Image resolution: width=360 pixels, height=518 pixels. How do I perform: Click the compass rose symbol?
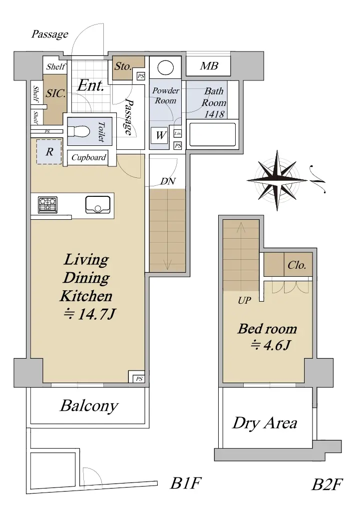click(278, 180)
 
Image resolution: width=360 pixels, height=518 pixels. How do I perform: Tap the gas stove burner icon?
click(48, 204)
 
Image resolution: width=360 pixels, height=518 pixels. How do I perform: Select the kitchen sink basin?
click(98, 205)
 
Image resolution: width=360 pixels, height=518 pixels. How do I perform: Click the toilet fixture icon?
click(79, 132)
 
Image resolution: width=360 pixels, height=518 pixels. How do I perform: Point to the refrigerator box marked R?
click(49, 152)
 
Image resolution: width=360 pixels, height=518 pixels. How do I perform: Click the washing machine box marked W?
click(160, 135)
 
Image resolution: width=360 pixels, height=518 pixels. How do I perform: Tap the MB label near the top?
click(209, 66)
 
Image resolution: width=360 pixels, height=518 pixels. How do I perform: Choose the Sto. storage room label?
click(123, 66)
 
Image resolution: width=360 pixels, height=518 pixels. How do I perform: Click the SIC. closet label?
click(55, 93)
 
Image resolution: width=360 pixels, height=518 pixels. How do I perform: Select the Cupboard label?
click(89, 157)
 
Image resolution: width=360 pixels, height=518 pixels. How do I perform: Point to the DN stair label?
click(168, 181)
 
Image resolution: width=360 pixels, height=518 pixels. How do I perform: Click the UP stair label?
click(244, 300)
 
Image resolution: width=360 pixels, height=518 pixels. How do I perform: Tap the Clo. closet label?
click(297, 265)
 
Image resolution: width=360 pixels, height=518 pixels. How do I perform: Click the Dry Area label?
click(265, 423)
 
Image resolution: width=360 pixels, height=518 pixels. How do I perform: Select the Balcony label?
click(89, 406)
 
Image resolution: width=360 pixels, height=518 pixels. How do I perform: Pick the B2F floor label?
click(327, 485)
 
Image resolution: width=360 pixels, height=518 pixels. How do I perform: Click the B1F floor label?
click(185, 483)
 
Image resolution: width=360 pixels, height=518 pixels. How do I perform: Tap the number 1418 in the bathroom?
click(214, 114)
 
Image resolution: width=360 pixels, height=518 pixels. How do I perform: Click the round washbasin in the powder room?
click(165, 67)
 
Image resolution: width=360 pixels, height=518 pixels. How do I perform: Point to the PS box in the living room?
click(139, 379)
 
